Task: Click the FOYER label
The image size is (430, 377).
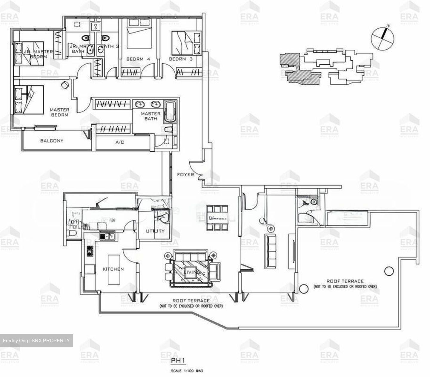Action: pos(185,174)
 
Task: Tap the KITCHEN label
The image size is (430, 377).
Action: pos(113,269)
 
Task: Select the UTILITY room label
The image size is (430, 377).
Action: pos(155,231)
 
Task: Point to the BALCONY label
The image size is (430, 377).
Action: pos(52,141)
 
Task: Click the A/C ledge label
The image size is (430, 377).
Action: pos(120,142)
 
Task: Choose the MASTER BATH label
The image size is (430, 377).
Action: pos(150,116)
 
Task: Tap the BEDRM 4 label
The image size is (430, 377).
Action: pos(138,59)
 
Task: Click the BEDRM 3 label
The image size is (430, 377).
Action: pos(181,59)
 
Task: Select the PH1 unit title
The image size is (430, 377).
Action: pos(178,361)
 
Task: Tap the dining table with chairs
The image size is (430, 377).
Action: pos(217,218)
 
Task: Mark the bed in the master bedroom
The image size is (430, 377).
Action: pos(29,100)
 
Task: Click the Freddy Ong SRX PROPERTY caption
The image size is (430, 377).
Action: pos(36,341)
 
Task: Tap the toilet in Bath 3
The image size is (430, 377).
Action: pos(105,38)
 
